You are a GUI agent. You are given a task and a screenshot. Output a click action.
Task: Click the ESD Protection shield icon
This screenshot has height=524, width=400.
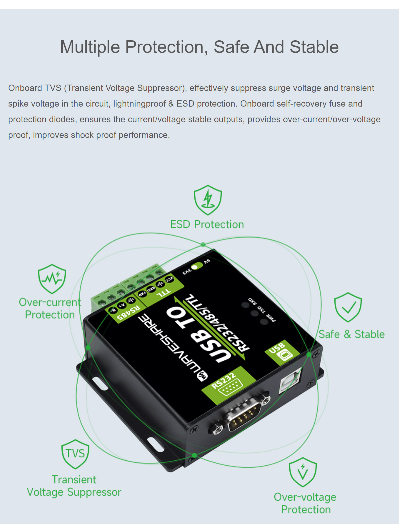pyautogui.click(x=208, y=200)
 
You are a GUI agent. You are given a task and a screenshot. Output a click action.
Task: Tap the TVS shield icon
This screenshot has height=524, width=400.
pyautogui.click(x=75, y=454)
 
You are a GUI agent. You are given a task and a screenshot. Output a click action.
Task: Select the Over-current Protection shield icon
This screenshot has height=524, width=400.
pyautogui.click(x=52, y=279)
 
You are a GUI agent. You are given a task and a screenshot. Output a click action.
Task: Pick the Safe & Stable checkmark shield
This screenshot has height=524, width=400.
pyautogui.click(x=348, y=307)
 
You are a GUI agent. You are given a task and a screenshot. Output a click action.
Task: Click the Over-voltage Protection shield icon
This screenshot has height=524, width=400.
pyautogui.click(x=303, y=472)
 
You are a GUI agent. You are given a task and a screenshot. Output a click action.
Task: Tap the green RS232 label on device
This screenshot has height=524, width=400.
pyautogui.click(x=229, y=385)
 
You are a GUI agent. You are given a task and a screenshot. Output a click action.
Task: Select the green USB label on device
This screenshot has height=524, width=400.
pyautogui.click(x=282, y=352)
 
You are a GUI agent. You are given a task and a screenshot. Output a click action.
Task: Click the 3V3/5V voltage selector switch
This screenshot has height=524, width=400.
pyautogui.click(x=197, y=266)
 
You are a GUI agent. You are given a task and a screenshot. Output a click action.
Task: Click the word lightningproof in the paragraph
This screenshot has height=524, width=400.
pyautogui.click(x=139, y=104)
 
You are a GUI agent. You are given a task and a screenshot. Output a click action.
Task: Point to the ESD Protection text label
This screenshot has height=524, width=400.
pyautogui.click(x=207, y=225)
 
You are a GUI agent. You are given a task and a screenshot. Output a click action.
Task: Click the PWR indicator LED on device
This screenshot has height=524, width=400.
pyautogui.click(x=264, y=321)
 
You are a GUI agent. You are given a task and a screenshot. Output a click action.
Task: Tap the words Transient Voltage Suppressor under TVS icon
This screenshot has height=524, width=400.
pyautogui.click(x=74, y=486)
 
